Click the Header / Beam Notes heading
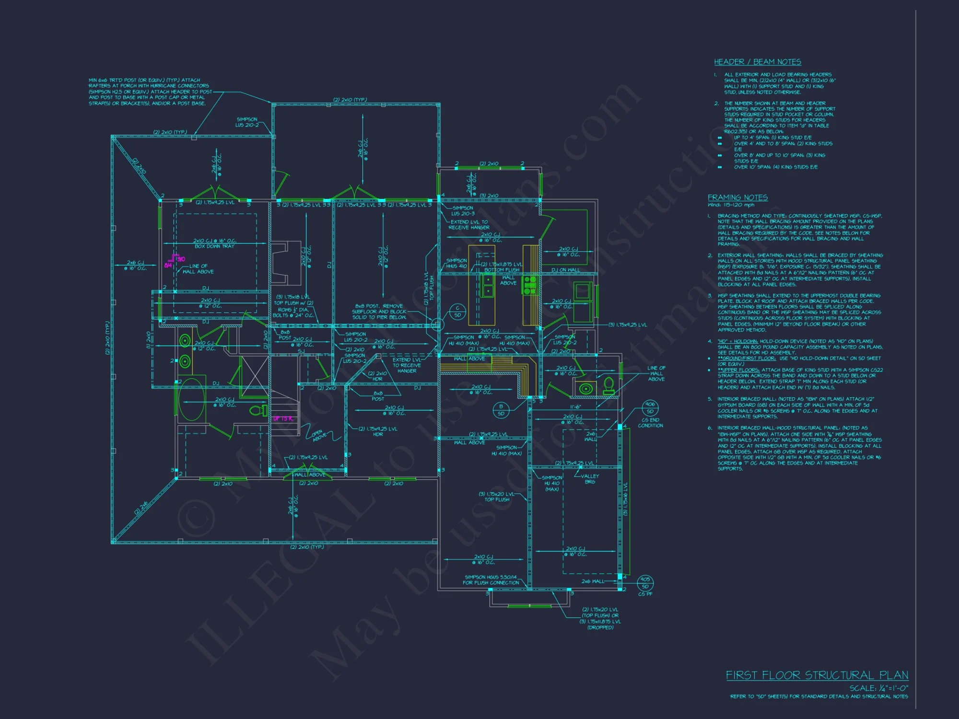click(x=757, y=62)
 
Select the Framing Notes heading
click(x=737, y=197)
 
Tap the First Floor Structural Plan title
click(x=817, y=675)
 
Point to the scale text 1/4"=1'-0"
click(x=878, y=688)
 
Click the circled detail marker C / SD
click(x=457, y=312)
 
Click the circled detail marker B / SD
click(x=501, y=410)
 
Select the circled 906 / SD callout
click(x=650, y=407)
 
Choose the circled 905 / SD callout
click(x=645, y=582)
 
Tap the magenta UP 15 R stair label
click(x=282, y=418)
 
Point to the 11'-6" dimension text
click(x=575, y=407)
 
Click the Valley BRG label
click(x=590, y=479)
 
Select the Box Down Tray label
click(x=214, y=246)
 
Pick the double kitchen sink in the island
click(x=488, y=285)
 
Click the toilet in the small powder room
click(x=608, y=385)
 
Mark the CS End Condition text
click(x=650, y=423)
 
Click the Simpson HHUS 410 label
click(x=456, y=263)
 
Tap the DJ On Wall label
click(x=565, y=270)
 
